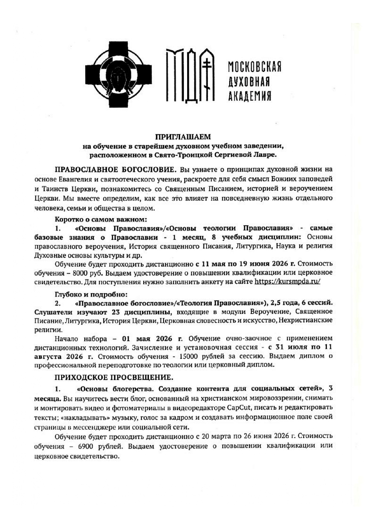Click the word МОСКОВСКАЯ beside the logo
pos(254,67)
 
